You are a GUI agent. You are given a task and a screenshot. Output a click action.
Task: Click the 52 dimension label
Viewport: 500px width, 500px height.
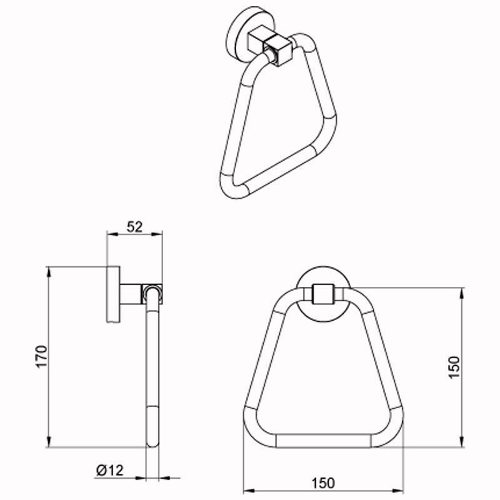[134, 227]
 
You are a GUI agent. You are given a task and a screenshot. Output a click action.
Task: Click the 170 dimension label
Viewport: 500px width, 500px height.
[42, 356]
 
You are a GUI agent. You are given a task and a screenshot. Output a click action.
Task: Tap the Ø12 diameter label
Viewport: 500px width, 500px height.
[110, 471]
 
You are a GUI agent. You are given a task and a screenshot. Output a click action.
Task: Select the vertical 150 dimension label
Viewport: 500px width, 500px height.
[454, 367]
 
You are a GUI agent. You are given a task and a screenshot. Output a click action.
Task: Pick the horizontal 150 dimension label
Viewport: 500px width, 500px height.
[323, 482]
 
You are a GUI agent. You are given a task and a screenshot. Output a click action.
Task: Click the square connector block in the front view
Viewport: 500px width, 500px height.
[323, 294]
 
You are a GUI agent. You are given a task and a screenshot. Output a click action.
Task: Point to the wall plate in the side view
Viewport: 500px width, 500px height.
[113, 294]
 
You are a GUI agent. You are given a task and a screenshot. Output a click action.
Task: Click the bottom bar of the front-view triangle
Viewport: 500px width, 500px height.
[323, 441]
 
